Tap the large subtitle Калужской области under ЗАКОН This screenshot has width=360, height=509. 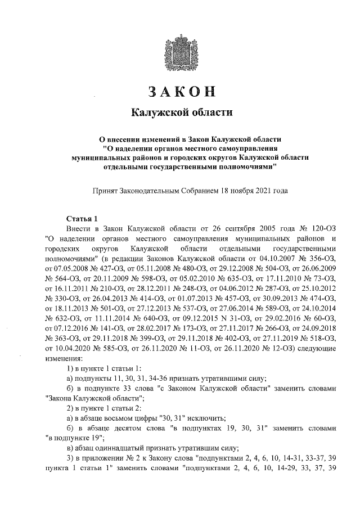(x=181, y=113)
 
